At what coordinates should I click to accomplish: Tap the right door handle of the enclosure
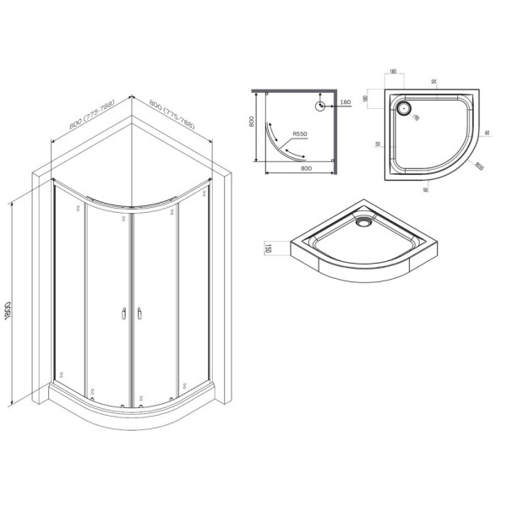134,314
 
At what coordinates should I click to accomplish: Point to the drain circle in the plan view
321,106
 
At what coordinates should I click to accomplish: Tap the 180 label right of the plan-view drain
345,102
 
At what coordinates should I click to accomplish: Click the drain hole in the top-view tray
405,108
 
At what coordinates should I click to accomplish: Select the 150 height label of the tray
268,248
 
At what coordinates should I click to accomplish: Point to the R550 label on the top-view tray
479,166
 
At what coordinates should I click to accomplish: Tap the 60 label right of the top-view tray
488,133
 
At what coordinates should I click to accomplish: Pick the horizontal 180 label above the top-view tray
394,72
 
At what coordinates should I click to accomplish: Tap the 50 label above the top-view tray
432,81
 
